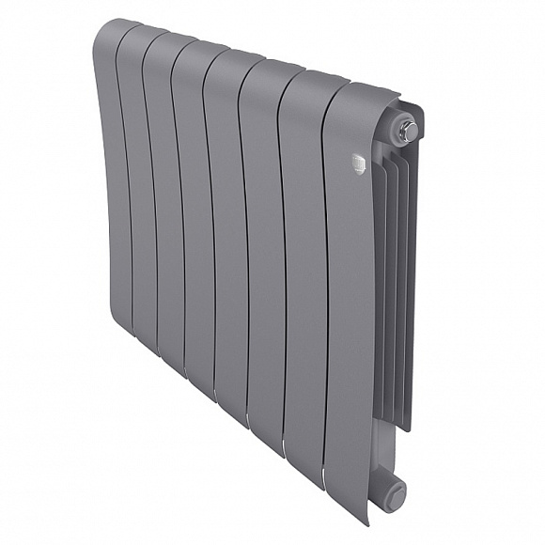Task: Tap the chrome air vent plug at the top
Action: (408, 131)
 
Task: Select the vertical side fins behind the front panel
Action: (395, 282)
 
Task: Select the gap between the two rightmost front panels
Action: (325, 282)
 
